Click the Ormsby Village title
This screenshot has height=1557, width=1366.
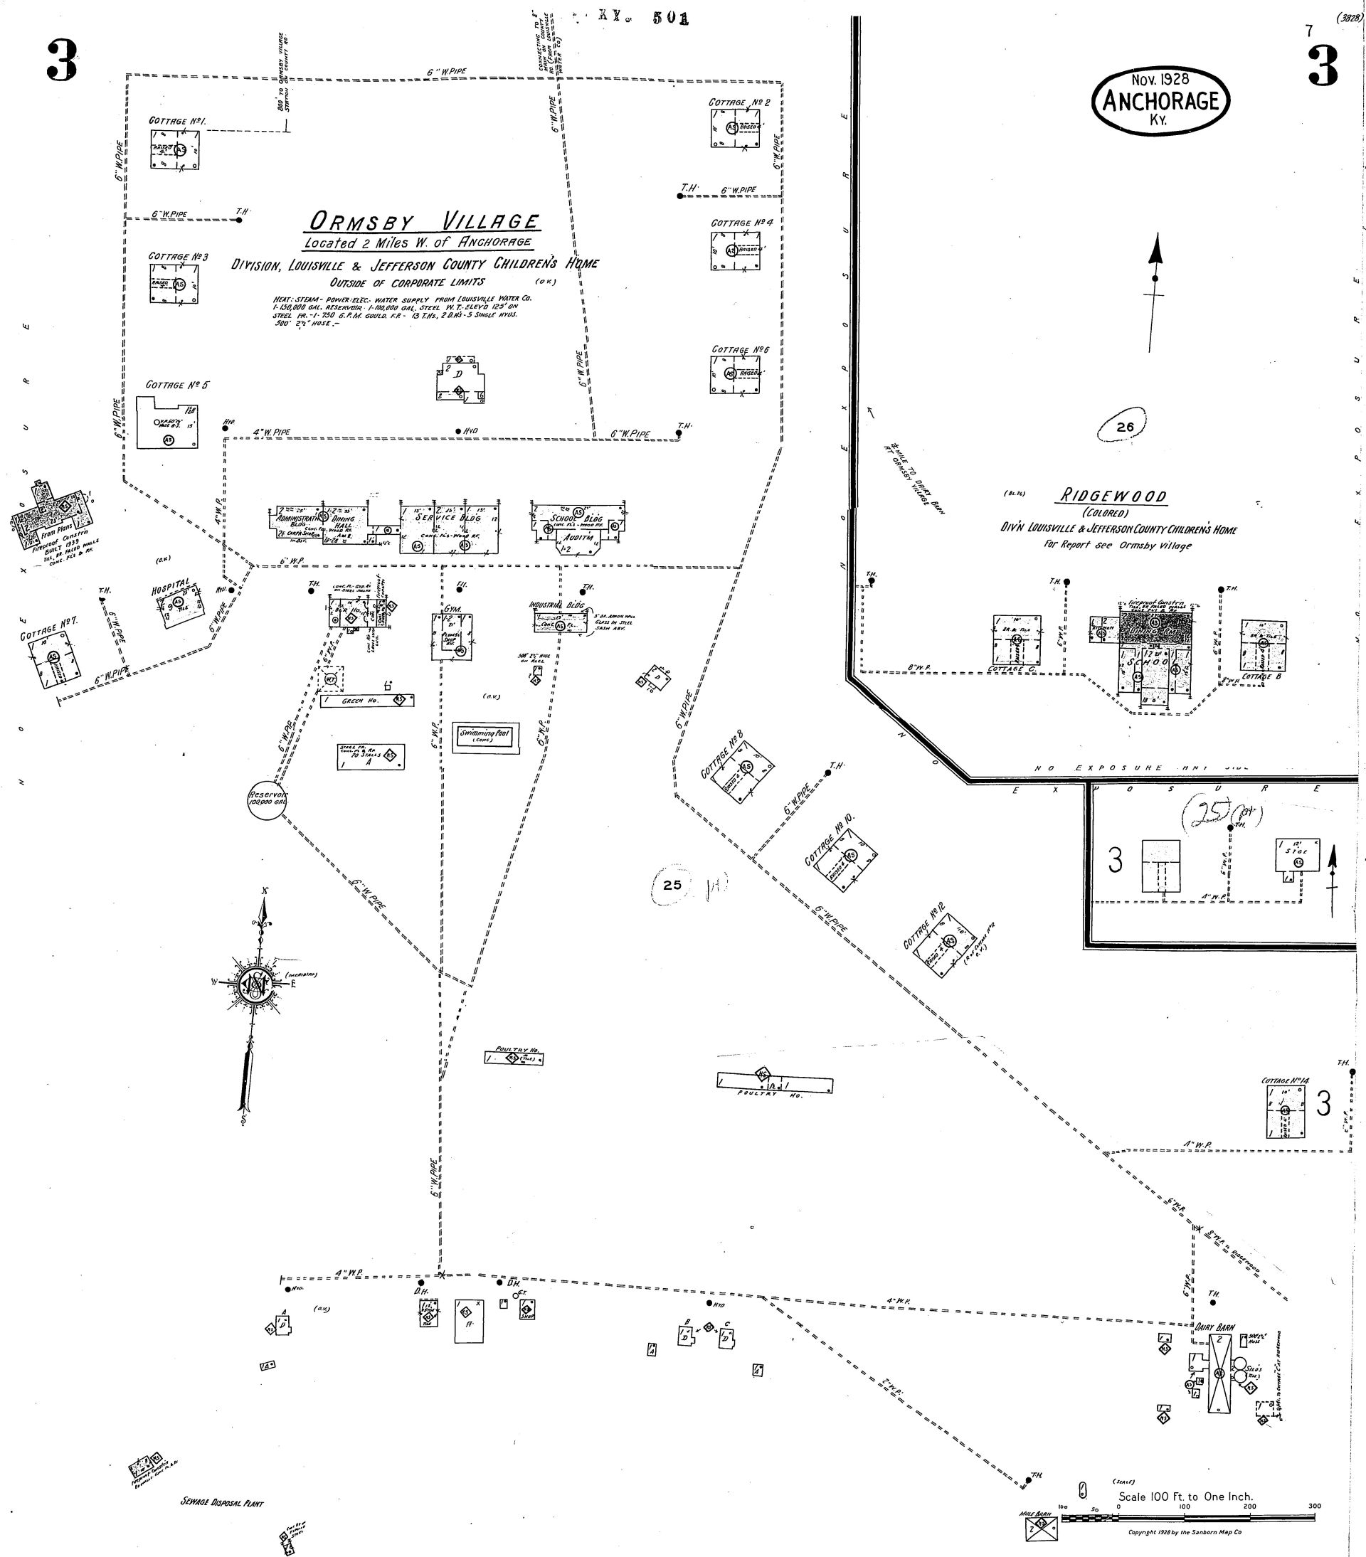tap(423, 222)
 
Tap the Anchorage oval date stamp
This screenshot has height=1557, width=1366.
tap(1160, 100)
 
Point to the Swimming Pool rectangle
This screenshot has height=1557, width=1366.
tap(485, 737)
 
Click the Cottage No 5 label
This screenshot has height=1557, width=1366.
tap(176, 385)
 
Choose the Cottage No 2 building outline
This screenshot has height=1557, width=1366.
tap(735, 128)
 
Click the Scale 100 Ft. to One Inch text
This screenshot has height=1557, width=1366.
tap(1185, 1496)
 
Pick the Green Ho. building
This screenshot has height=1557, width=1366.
tap(366, 700)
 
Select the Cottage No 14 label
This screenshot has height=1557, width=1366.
tap(1285, 1080)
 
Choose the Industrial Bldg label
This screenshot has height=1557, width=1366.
tap(556, 605)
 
